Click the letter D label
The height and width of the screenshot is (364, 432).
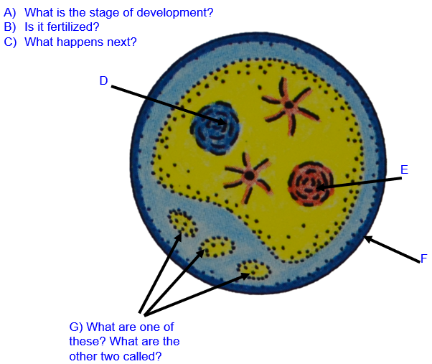[x=103, y=81]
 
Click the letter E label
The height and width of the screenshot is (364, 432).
[x=404, y=170]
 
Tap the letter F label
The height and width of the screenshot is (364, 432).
[x=423, y=258]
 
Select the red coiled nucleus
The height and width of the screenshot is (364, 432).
[x=311, y=185]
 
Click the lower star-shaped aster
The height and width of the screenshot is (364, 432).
[x=247, y=175]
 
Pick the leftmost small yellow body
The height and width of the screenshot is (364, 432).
[x=184, y=223]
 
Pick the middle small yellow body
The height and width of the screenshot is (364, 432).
[x=218, y=248]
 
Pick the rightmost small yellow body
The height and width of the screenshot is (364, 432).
[x=254, y=270]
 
